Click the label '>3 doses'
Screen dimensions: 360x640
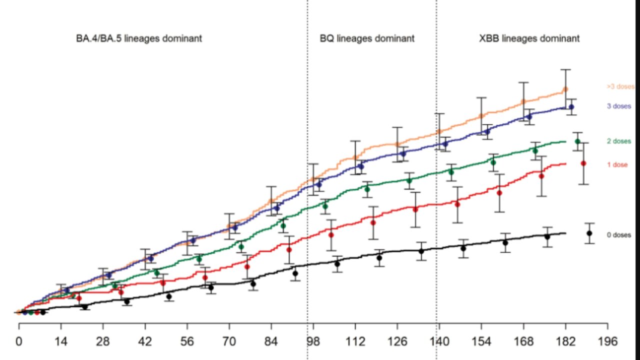pyautogui.click(x=620, y=86)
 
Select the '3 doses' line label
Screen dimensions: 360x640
pyautogui.click(x=619, y=106)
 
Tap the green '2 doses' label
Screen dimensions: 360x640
pyautogui.click(x=618, y=141)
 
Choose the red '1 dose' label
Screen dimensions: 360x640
pyautogui.click(x=617, y=164)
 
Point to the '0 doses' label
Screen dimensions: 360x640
pyautogui.click(x=618, y=234)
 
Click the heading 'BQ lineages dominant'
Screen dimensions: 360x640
pyautogui.click(x=367, y=38)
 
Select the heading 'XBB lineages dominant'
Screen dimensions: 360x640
pyautogui.click(x=529, y=38)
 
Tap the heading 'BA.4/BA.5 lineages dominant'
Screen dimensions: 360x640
pyautogui.click(x=135, y=38)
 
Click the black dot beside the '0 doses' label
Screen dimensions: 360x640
pyautogui.click(x=589, y=233)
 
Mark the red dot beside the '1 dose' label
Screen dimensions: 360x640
pyautogui.click(x=583, y=163)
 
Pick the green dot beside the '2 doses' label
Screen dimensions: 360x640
pyautogui.click(x=577, y=141)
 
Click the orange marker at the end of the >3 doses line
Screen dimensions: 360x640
pyautogui.click(x=565, y=89)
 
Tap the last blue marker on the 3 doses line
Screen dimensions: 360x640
pyautogui.click(x=571, y=106)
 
